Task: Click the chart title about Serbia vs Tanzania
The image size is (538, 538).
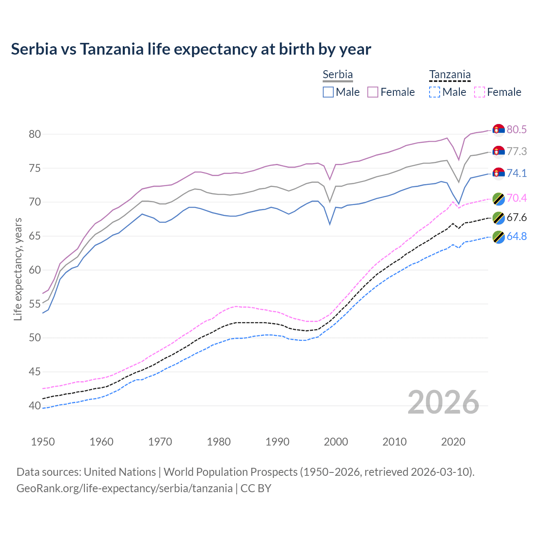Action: [x=191, y=49]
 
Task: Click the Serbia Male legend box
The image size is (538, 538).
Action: [x=328, y=92]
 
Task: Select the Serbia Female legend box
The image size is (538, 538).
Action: [x=373, y=92]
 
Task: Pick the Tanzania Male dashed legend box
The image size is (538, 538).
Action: [x=435, y=92]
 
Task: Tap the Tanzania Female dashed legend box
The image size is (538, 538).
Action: [x=480, y=92]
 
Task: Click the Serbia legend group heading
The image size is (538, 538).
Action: [x=338, y=74]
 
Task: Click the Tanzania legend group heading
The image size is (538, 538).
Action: [x=450, y=75]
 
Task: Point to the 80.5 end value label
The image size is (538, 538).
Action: [x=517, y=129]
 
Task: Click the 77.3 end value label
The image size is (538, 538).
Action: [x=517, y=151]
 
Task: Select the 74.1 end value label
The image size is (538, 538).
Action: [x=517, y=173]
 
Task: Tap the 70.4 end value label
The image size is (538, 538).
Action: [x=517, y=198]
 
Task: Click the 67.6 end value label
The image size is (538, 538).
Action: [x=517, y=217]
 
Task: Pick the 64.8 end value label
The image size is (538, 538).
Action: [x=517, y=236]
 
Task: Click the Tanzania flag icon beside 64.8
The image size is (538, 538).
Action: [x=498, y=237]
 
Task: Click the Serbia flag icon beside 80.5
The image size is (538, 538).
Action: [x=498, y=130]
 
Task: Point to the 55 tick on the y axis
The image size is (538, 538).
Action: [x=34, y=304]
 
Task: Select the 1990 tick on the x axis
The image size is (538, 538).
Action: [x=277, y=442]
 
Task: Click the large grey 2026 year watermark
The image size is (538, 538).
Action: [x=443, y=403]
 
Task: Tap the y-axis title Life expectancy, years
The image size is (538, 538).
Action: [x=18, y=269]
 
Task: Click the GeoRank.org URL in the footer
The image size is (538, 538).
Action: [x=124, y=488]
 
